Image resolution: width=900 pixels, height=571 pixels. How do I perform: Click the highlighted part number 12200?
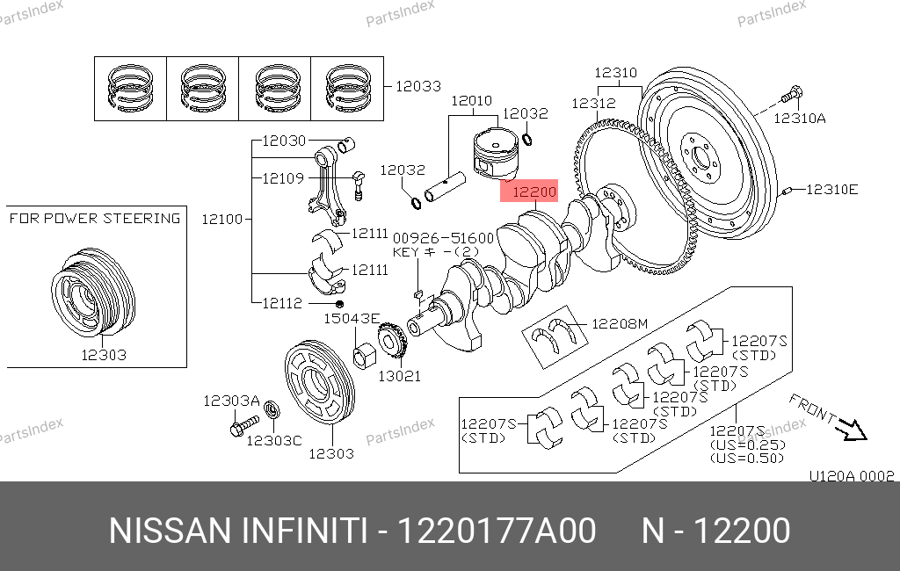tap(533, 192)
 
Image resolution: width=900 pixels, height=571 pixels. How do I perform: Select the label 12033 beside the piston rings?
tap(417, 86)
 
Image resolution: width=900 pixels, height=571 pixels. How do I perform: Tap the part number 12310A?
tap(800, 118)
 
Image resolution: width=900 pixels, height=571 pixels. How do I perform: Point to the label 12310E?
tap(832, 189)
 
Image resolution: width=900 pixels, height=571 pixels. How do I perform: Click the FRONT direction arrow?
tap(850, 428)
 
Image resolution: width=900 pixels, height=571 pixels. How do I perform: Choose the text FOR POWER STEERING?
tap(95, 218)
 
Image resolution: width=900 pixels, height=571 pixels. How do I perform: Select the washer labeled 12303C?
tap(272, 408)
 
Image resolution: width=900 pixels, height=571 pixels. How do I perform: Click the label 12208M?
tap(619, 324)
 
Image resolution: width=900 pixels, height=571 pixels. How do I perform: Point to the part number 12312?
tap(593, 103)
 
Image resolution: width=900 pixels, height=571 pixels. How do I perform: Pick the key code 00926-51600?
tap(443, 238)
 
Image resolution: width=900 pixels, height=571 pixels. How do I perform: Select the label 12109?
tap(283, 178)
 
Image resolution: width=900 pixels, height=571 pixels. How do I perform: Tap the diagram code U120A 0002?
tap(851, 477)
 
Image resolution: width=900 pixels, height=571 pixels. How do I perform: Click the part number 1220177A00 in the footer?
tap(497, 531)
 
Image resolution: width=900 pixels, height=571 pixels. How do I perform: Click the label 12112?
tap(283, 303)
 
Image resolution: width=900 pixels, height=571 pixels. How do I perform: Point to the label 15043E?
tap(352, 318)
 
